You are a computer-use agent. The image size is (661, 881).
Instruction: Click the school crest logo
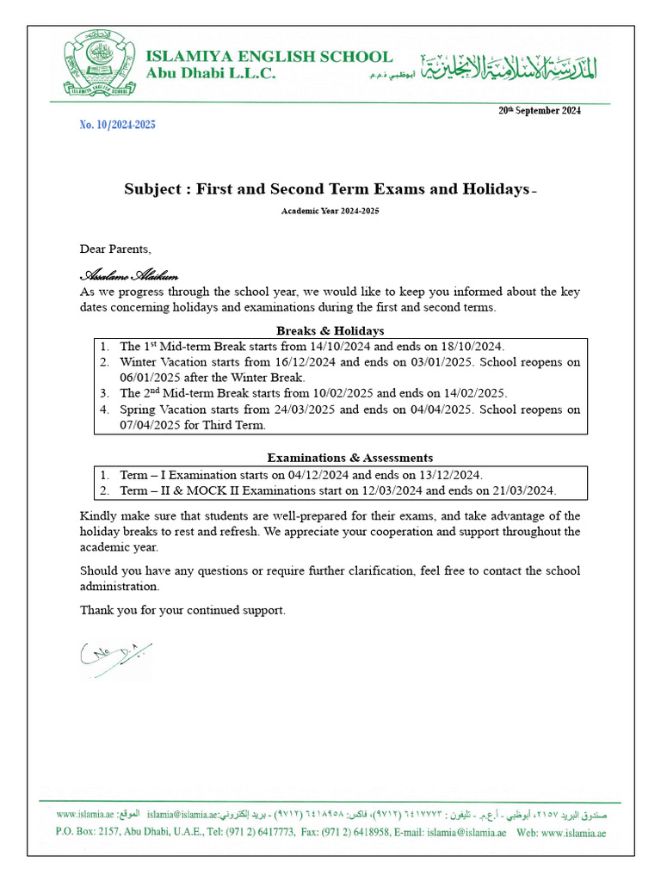[98, 62]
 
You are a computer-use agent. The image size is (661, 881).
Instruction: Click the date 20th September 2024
[540, 110]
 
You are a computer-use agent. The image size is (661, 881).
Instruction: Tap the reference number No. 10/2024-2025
[118, 125]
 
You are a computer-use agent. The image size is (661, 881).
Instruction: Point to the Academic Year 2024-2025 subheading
[330, 211]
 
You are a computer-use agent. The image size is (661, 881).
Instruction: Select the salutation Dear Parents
[115, 250]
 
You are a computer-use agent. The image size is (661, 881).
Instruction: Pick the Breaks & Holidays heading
[330, 331]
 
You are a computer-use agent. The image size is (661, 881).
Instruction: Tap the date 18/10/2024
[473, 347]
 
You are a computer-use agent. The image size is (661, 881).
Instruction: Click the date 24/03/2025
[304, 410]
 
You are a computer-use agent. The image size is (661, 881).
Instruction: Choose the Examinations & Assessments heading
[350, 458]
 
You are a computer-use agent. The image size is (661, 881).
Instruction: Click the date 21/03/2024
[523, 490]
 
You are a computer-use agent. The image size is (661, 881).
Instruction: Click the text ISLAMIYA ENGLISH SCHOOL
[269, 57]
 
